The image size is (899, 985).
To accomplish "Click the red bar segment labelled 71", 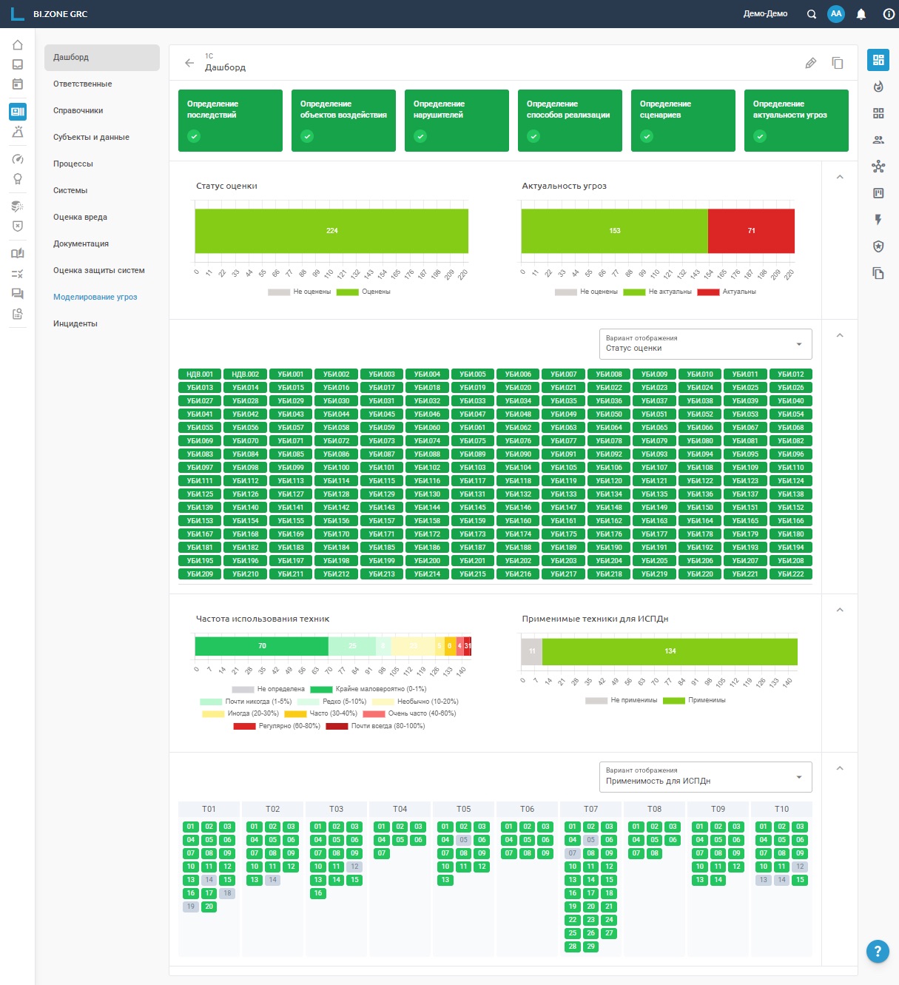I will tap(751, 231).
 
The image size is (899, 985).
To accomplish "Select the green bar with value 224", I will tap(331, 231).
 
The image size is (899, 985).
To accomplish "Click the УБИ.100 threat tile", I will tap(337, 468).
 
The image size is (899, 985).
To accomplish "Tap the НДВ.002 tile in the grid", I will tap(246, 374).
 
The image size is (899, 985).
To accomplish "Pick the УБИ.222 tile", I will tap(791, 574).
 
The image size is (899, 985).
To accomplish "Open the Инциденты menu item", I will tap(75, 323).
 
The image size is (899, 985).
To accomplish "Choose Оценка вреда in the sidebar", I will tap(80, 217).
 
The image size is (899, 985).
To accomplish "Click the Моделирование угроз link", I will tap(95, 297).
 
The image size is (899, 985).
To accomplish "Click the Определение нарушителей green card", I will tap(457, 120).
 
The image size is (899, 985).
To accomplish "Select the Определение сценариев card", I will tap(683, 120).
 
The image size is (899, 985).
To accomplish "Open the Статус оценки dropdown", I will tap(705, 344).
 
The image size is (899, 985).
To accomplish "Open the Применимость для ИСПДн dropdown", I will tap(705, 777).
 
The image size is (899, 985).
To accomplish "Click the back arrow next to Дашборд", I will tap(189, 63).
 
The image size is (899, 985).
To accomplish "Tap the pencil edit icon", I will tap(811, 63).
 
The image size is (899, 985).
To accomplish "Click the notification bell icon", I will tap(861, 14).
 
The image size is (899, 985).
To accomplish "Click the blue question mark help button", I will tap(878, 951).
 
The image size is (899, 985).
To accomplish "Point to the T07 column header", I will tap(590, 809).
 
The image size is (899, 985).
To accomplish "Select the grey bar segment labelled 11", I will tap(531, 651).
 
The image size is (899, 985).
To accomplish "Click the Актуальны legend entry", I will tap(738, 292).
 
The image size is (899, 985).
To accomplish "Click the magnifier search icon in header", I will tap(812, 14).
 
